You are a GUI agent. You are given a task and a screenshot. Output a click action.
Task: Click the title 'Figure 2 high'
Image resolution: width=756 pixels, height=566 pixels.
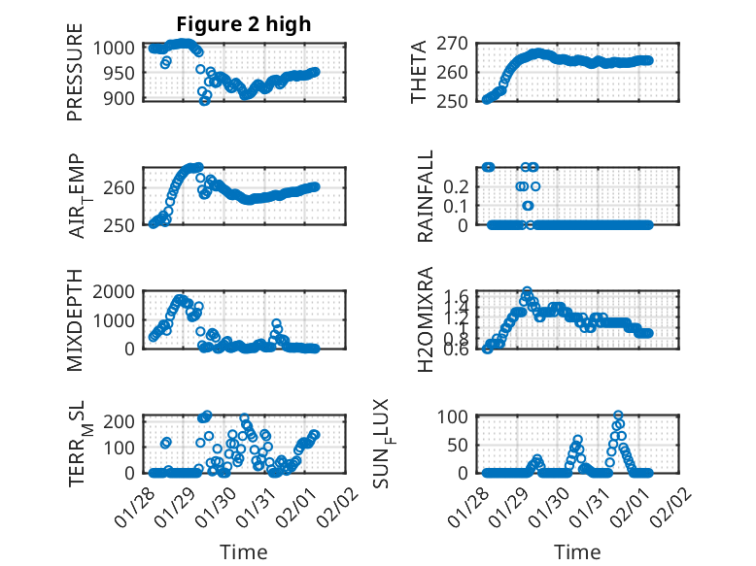pyautogui.click(x=243, y=24)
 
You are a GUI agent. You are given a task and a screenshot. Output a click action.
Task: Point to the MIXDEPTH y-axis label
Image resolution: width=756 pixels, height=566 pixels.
pyautogui.click(x=75, y=319)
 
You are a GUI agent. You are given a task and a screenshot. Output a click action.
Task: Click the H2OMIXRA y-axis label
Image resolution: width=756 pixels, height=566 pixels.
pyautogui.click(x=426, y=319)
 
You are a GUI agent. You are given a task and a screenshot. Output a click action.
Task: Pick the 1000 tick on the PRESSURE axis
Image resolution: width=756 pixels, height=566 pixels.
pyautogui.click(x=120, y=47)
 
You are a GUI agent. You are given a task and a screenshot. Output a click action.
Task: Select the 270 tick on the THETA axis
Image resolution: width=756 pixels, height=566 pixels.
pyautogui.click(x=457, y=43)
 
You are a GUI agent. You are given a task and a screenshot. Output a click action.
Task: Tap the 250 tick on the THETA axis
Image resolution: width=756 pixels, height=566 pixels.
pyautogui.click(x=457, y=100)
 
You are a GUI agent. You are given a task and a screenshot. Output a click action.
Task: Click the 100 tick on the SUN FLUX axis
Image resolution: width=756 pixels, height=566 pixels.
pyautogui.click(x=457, y=416)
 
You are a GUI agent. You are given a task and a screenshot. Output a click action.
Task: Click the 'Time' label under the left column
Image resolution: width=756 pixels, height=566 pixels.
pyautogui.click(x=244, y=551)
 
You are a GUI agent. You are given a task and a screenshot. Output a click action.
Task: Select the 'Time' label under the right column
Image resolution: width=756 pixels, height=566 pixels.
pyautogui.click(x=577, y=551)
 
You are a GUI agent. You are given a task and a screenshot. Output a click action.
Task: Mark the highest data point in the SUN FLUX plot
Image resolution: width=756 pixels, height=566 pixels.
pyautogui.click(x=618, y=416)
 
